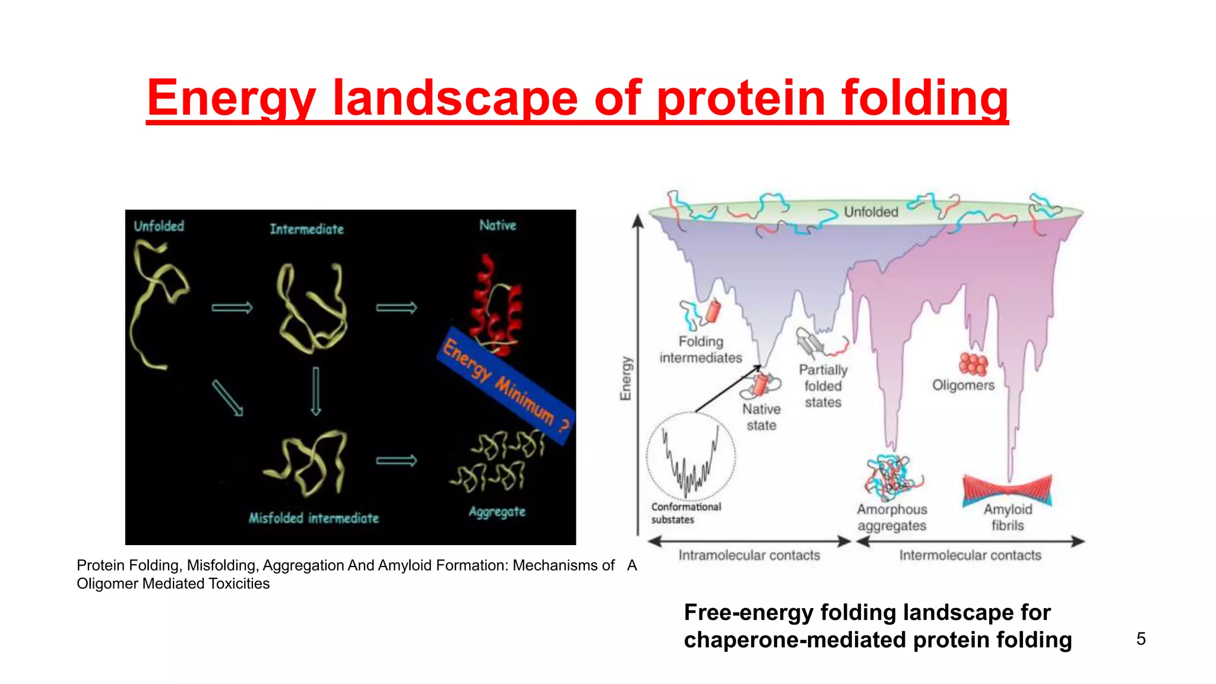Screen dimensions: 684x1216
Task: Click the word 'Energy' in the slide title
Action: [x=231, y=98]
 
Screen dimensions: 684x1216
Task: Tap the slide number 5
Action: [x=1141, y=639]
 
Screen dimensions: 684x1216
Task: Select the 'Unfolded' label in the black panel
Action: [x=159, y=226]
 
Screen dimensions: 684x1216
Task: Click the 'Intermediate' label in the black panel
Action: [x=306, y=229]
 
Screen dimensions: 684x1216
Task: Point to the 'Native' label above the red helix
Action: [x=498, y=226]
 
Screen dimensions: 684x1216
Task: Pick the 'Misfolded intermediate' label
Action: [x=313, y=518]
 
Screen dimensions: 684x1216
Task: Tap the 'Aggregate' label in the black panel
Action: [x=497, y=512]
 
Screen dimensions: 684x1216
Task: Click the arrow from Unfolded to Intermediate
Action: [x=232, y=308]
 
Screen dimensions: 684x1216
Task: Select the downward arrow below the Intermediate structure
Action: [x=316, y=391]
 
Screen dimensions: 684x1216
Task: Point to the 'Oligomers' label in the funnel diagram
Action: [x=963, y=385]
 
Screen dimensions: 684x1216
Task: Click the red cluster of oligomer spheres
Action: [x=973, y=363]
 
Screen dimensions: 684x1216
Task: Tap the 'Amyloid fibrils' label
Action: [x=1008, y=517]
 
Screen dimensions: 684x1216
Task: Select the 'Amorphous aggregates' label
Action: [x=892, y=518]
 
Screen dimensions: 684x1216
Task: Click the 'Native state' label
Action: [x=761, y=417]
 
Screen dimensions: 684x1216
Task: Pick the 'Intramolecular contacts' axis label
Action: [x=749, y=555]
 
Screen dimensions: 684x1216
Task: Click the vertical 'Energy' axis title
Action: [x=626, y=378]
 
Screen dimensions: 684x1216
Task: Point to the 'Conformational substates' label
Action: [x=686, y=513]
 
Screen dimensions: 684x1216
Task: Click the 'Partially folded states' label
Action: [x=823, y=386]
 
